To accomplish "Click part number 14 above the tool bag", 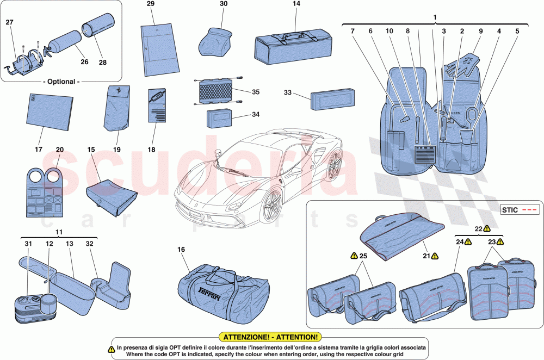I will [296, 4].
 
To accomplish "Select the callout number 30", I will [224, 4].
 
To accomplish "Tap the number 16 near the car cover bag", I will [181, 249].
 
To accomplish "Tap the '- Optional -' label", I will [61, 82].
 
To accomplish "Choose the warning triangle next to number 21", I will [436, 255].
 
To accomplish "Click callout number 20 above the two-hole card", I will [60, 150].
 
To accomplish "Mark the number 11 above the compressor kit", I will [59, 232].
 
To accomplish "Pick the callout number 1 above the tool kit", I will [434, 18].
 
